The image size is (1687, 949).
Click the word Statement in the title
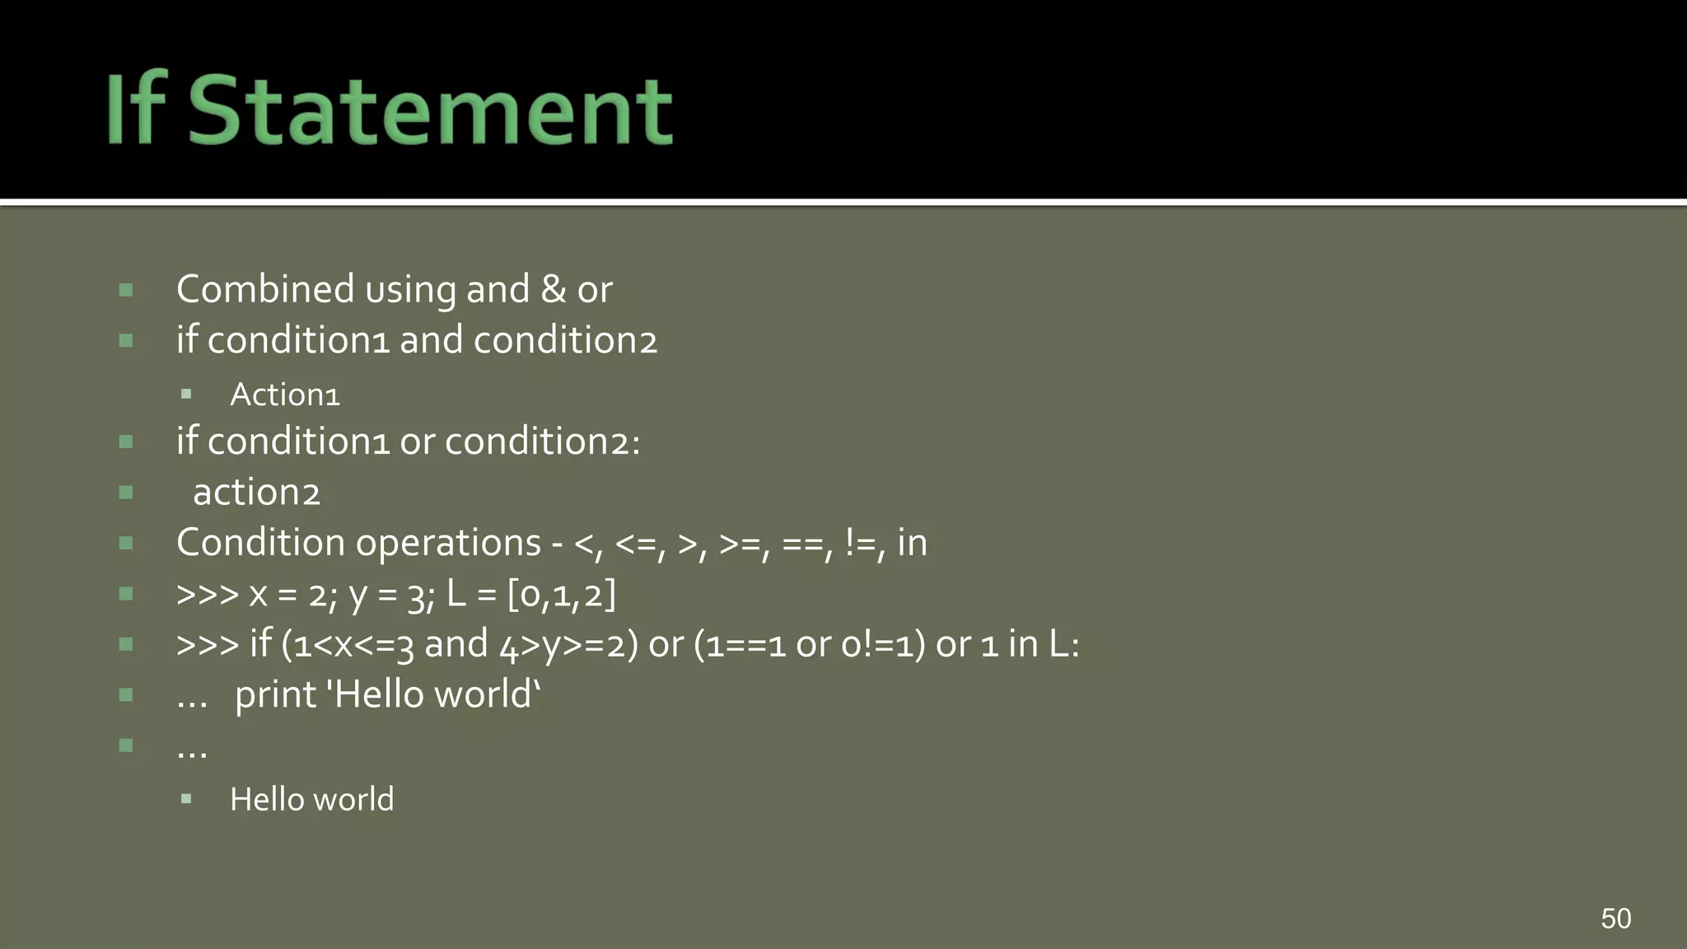430,110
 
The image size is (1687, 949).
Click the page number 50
1615,919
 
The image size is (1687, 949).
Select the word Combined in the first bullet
265,290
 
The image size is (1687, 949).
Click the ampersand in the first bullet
553,290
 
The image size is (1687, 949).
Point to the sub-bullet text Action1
284,395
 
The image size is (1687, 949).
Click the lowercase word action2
256,493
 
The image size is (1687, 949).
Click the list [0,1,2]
561,594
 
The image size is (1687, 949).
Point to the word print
275,695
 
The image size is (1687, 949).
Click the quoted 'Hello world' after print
434,694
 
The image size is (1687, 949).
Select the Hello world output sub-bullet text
311,799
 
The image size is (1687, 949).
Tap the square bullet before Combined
126,290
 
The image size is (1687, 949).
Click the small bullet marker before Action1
186,395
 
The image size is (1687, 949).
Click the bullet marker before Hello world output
186,799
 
